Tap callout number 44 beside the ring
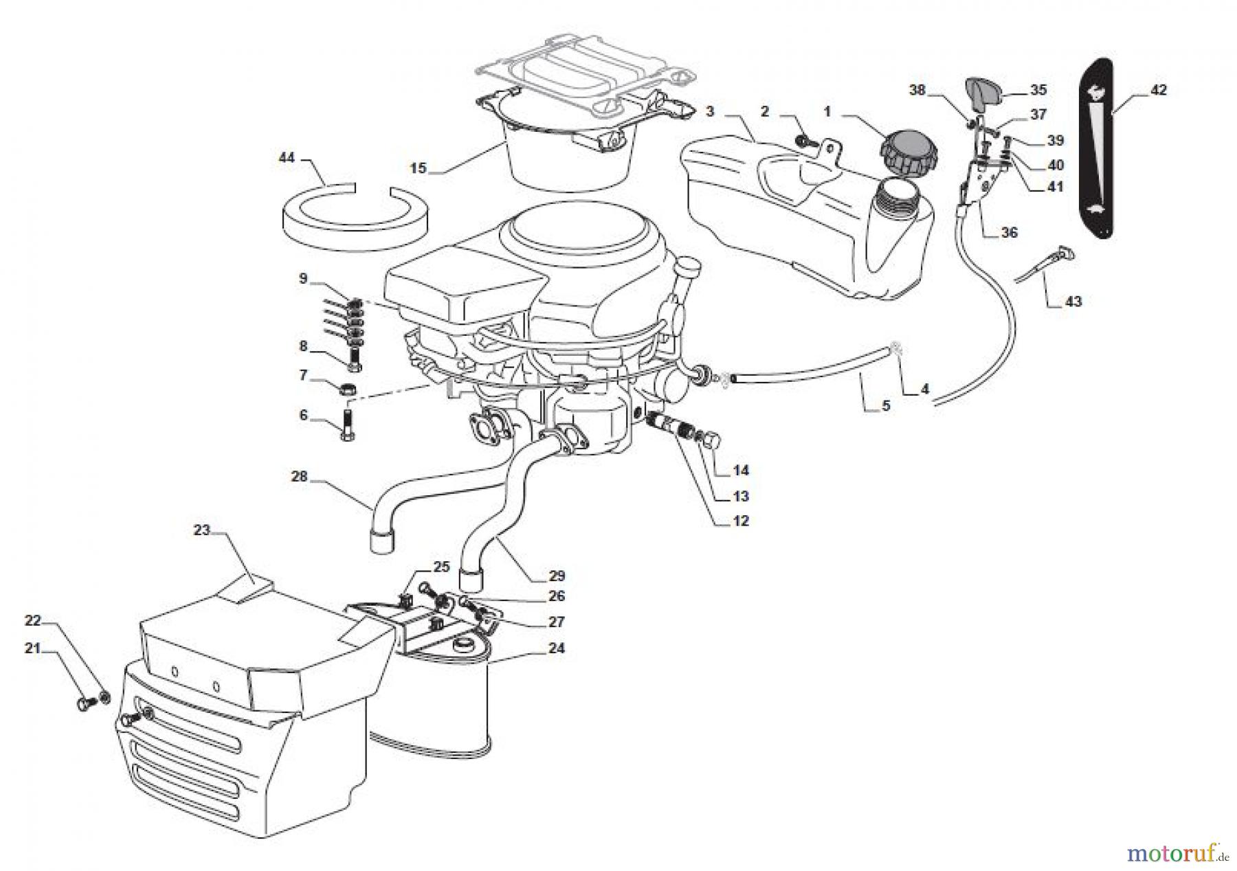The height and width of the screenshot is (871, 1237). (286, 158)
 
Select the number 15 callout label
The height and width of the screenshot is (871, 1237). (419, 168)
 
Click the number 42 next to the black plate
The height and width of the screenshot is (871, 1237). (1158, 90)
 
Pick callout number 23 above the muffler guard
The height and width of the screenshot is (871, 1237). (201, 530)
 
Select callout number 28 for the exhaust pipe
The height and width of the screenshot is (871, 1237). (299, 476)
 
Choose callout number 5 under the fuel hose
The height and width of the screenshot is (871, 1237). (886, 406)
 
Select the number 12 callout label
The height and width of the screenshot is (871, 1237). (740, 521)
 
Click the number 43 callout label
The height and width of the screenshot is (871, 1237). (1073, 302)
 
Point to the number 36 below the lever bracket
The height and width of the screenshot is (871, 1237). (1008, 233)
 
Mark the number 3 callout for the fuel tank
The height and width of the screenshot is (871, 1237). (710, 111)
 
